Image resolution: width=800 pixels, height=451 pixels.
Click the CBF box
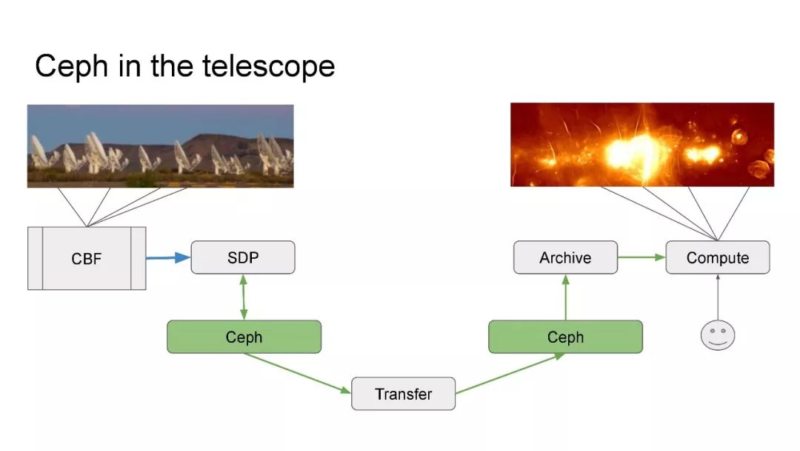(87, 258)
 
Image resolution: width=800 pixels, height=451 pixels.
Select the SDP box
(243, 257)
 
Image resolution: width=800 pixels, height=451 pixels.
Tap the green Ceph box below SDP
(244, 337)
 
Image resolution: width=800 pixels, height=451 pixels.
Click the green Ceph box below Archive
(565, 337)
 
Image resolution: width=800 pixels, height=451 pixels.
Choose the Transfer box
(403, 393)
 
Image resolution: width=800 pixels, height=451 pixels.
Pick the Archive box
(565, 257)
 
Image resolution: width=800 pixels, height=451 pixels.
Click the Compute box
(717, 257)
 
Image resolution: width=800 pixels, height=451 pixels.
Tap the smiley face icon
(717, 334)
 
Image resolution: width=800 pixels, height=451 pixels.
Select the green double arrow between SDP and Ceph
(244, 297)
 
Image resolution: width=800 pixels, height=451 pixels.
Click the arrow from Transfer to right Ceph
(507, 372)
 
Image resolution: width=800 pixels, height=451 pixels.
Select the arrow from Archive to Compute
(641, 257)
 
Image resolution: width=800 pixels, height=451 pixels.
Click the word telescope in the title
(269, 67)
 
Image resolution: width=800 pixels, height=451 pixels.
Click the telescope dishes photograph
(160, 145)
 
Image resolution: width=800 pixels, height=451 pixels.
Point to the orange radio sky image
(641, 145)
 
